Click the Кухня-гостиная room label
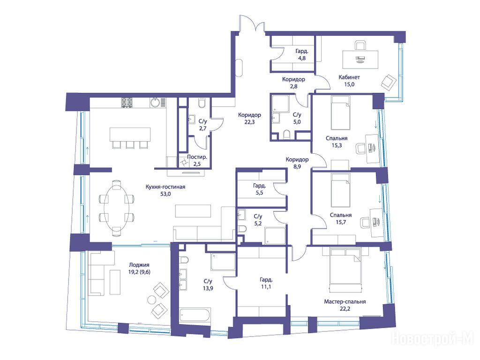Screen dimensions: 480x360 pyautogui.click(x=165, y=187)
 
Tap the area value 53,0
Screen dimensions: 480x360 pyautogui.click(x=165, y=194)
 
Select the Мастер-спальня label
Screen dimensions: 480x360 pyautogui.click(x=345, y=301)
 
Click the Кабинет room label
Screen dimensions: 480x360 pyautogui.click(x=349, y=77)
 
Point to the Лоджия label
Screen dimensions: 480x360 pyautogui.click(x=139, y=265)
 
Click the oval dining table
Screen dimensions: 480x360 pyautogui.click(x=117, y=208)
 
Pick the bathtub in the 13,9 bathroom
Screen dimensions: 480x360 pyautogui.click(x=195, y=315)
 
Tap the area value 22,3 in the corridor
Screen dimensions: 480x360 pyautogui.click(x=249, y=122)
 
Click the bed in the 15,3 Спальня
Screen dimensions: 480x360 pyautogui.click(x=341, y=113)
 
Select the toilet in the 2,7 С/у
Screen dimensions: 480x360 pyautogui.click(x=202, y=103)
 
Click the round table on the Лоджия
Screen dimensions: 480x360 pyautogui.click(x=151, y=300)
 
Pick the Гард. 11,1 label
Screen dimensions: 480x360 pyautogui.click(x=266, y=283)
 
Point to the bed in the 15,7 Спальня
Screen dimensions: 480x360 pyautogui.click(x=341, y=190)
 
